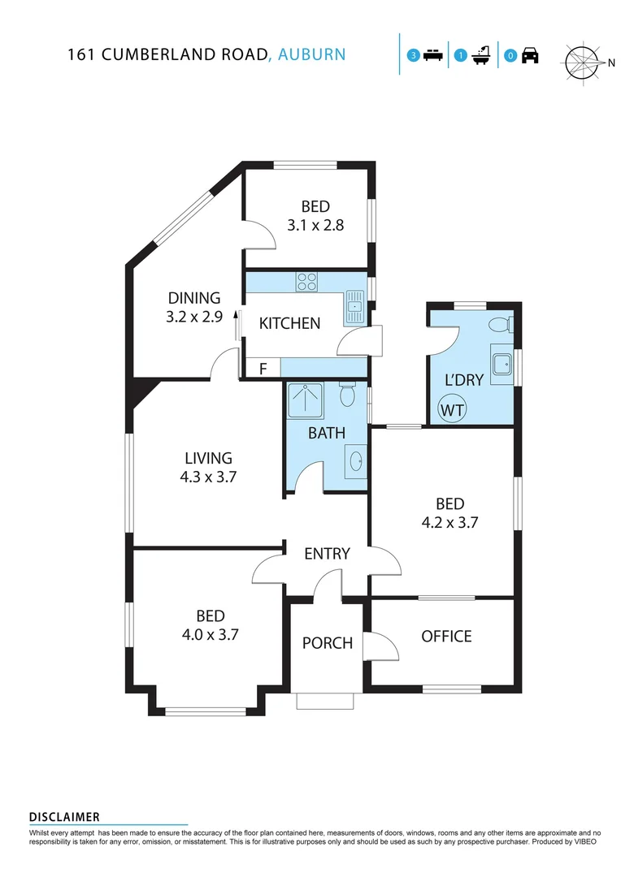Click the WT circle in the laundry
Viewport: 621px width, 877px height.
tap(453, 409)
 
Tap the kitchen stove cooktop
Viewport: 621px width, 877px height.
tap(307, 283)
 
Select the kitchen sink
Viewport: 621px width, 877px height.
tap(355, 307)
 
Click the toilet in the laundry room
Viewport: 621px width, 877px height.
tap(499, 325)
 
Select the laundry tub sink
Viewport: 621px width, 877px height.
tap(502, 364)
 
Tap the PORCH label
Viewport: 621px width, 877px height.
tap(328, 643)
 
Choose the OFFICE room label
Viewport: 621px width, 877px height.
tap(446, 636)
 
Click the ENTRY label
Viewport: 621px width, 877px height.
tap(327, 554)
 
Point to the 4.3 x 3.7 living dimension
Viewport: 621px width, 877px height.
tap(208, 477)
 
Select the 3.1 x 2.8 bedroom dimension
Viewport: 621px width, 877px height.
tap(315, 225)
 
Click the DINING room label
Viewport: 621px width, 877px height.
tap(194, 298)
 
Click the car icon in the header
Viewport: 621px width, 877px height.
tap(529, 55)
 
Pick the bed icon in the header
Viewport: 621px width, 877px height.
tap(432, 55)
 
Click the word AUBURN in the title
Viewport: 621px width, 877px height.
tap(312, 54)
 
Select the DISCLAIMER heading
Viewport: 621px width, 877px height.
tap(64, 816)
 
